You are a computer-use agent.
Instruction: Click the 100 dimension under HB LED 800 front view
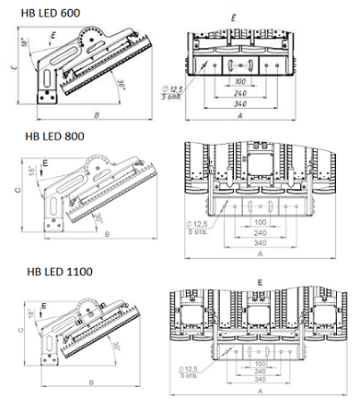(x=259, y=222)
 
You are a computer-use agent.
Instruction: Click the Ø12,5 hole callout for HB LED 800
(x=199, y=221)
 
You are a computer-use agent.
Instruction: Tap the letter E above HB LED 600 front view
(x=233, y=18)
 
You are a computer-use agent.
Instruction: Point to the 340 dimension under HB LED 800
(x=259, y=243)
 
